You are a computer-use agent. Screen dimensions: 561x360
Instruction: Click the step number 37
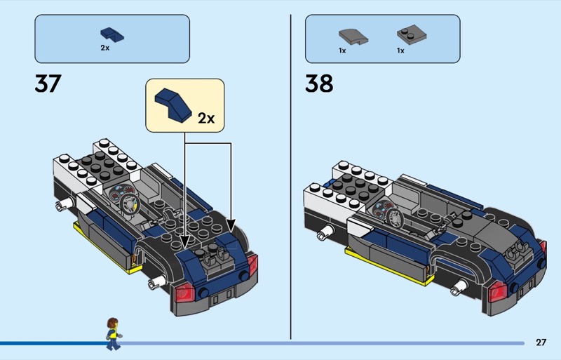[48, 84]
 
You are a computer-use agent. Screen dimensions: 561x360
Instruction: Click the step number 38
[319, 84]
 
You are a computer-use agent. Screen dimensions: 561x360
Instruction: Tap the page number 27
[541, 342]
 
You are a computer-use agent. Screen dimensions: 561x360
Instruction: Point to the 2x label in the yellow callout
[205, 117]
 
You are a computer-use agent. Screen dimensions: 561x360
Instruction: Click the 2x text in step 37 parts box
[104, 48]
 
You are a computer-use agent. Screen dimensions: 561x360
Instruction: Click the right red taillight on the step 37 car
[252, 265]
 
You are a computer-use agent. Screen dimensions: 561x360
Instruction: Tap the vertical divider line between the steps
[290, 175]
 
